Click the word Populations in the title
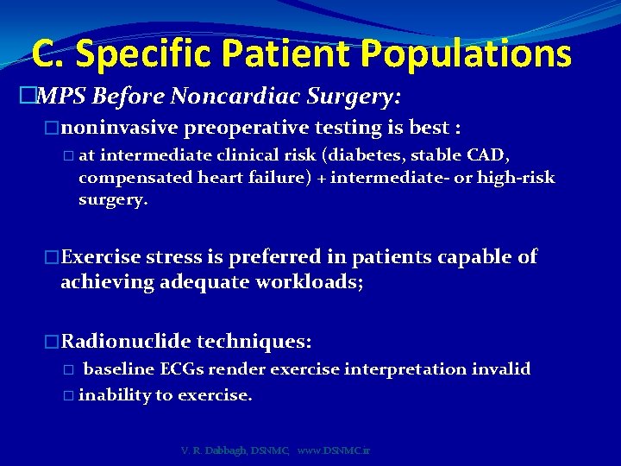[x=466, y=54]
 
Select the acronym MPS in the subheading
[x=61, y=93]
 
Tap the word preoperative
[x=244, y=129]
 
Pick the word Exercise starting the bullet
[x=101, y=256]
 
